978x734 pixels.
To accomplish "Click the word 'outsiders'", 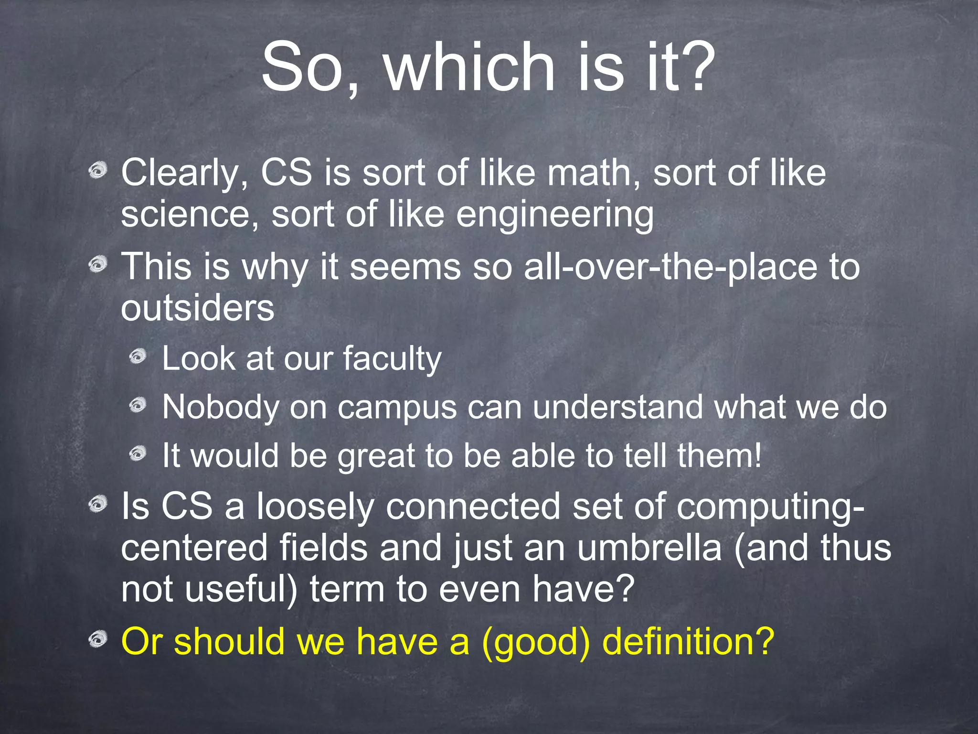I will click(x=197, y=308).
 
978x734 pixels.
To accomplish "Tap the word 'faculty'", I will click(x=392, y=359).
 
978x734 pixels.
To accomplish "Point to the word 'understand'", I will click(x=617, y=407).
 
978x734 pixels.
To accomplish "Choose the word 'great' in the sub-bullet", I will click(x=376, y=456).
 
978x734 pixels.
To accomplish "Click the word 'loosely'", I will click(x=315, y=507).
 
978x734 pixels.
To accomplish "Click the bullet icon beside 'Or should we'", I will click(x=98, y=639).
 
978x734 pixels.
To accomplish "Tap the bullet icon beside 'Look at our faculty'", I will click(x=138, y=356).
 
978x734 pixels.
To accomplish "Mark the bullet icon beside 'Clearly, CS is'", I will click(x=98, y=171).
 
